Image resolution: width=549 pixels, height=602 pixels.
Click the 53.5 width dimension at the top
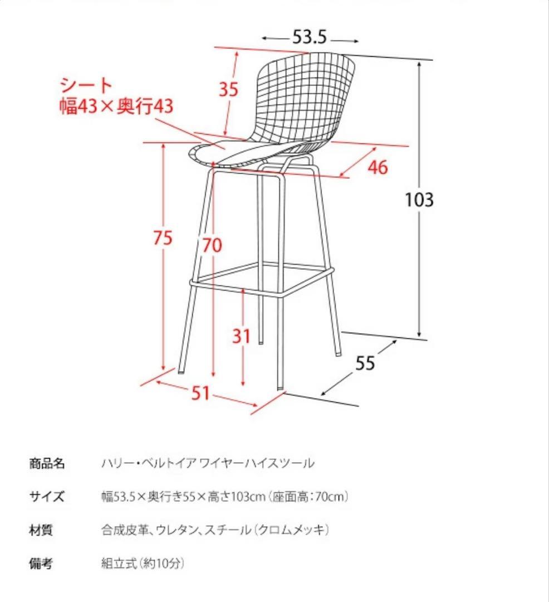click(310, 38)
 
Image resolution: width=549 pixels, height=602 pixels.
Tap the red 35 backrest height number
click(228, 89)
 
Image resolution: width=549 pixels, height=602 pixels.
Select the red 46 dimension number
click(378, 167)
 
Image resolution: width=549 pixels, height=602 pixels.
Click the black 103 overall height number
click(419, 199)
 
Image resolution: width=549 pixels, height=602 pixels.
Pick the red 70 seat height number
click(212, 245)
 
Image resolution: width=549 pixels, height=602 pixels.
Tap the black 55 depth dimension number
click(365, 363)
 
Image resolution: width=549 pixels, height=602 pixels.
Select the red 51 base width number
click(200, 394)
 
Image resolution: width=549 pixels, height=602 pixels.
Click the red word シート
click(86, 85)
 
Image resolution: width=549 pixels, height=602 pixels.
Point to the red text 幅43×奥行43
click(117, 106)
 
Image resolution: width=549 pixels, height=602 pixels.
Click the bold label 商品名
click(47, 463)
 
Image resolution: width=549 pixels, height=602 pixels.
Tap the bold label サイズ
click(47, 497)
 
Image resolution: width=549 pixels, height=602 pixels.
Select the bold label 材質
click(41, 530)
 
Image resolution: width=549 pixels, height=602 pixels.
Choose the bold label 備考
click(41, 564)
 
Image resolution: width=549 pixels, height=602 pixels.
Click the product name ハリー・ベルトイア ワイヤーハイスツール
click(207, 463)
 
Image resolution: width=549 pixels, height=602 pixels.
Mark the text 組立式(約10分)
click(142, 564)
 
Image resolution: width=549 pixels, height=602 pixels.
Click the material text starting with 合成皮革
click(215, 530)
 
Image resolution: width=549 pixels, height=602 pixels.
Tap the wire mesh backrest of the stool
click(303, 95)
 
